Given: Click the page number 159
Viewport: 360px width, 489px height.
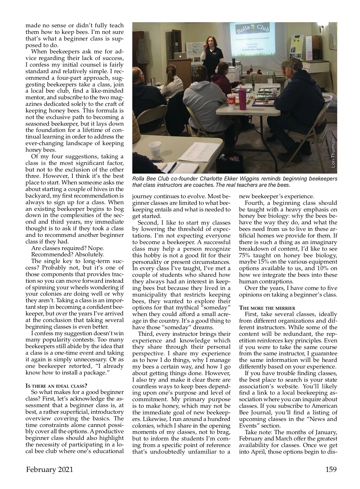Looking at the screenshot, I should tap(331, 469).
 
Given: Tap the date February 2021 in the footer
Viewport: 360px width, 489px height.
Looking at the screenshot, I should tap(49, 470).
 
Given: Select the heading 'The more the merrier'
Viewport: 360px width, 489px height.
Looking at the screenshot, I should tap(267, 308).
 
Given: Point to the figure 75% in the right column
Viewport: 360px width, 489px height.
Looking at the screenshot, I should tap(245, 255).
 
